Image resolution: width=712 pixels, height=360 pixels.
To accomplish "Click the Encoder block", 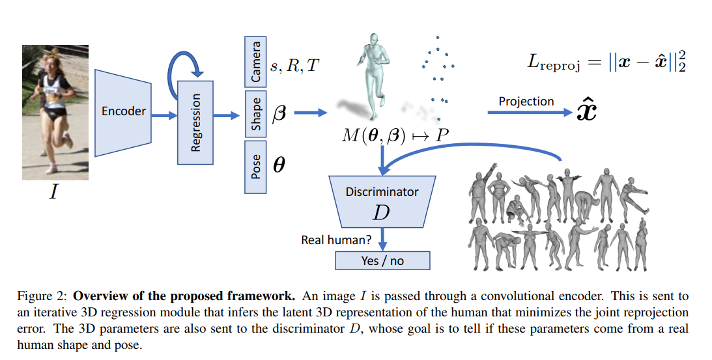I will point(124,112).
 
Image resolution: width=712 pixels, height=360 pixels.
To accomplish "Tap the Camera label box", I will point(256,62).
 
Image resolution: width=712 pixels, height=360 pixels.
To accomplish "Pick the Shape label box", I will point(256,115).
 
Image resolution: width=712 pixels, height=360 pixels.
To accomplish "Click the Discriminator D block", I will point(382,202).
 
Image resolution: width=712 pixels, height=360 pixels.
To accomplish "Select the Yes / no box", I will point(382,260).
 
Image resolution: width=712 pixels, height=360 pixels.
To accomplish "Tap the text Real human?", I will point(336,240).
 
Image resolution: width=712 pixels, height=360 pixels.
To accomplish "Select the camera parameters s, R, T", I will point(294,65).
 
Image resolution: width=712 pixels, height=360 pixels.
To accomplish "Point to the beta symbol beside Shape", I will point(279,113).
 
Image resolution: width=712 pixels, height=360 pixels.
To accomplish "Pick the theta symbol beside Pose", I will point(279,165).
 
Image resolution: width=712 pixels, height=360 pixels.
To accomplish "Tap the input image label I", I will point(53,193).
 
